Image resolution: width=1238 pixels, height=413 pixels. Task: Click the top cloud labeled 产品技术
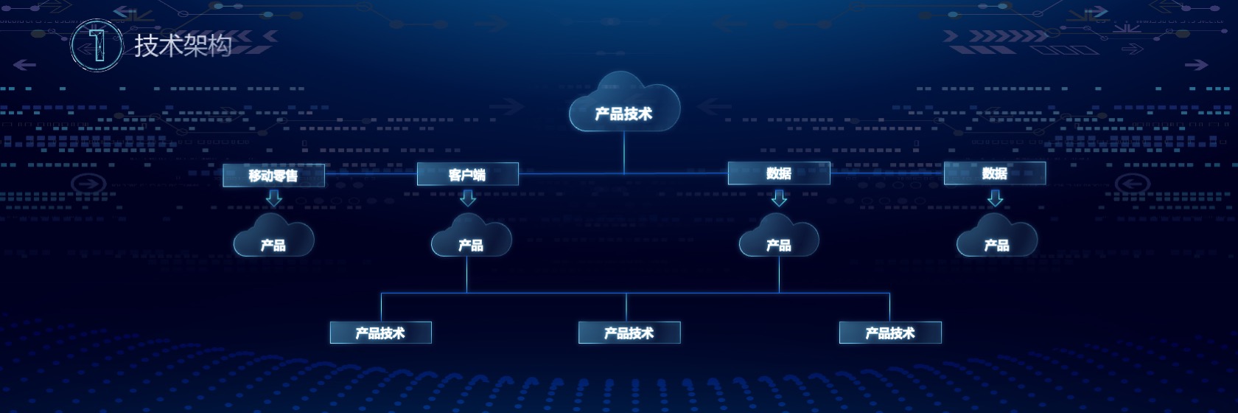coord(624,103)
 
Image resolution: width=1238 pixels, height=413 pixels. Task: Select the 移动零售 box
coord(273,176)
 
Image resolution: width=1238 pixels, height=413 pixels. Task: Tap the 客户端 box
coord(467,174)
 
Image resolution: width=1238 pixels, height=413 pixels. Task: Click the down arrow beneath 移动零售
coord(273,198)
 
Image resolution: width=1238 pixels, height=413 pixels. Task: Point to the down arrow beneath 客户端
coord(468,198)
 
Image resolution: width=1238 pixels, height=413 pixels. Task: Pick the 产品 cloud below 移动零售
coord(273,236)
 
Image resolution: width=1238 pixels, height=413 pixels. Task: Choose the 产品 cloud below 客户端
coord(471,236)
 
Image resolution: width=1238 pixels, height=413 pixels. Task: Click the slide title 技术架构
coord(183,45)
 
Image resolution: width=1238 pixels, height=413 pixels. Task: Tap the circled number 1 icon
coord(97,45)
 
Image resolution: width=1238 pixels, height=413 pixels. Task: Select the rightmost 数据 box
coord(995,173)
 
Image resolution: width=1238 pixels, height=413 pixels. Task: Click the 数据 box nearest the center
coord(780,173)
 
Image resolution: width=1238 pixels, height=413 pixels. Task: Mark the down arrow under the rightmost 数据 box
coord(996,198)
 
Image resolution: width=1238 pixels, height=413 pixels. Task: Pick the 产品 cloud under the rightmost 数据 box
coord(997,236)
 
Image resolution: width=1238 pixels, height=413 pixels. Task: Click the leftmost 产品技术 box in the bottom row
coord(381,333)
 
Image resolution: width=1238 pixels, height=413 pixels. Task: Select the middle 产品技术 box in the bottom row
coord(629,333)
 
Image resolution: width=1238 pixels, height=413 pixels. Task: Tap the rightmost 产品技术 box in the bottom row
coord(890,333)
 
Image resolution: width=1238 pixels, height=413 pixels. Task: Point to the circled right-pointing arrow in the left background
coord(88,184)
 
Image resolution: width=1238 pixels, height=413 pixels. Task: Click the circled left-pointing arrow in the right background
coord(1133,184)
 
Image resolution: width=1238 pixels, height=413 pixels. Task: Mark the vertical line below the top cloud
coord(625,153)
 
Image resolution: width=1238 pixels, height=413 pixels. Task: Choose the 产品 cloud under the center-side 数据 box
coord(780,236)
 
